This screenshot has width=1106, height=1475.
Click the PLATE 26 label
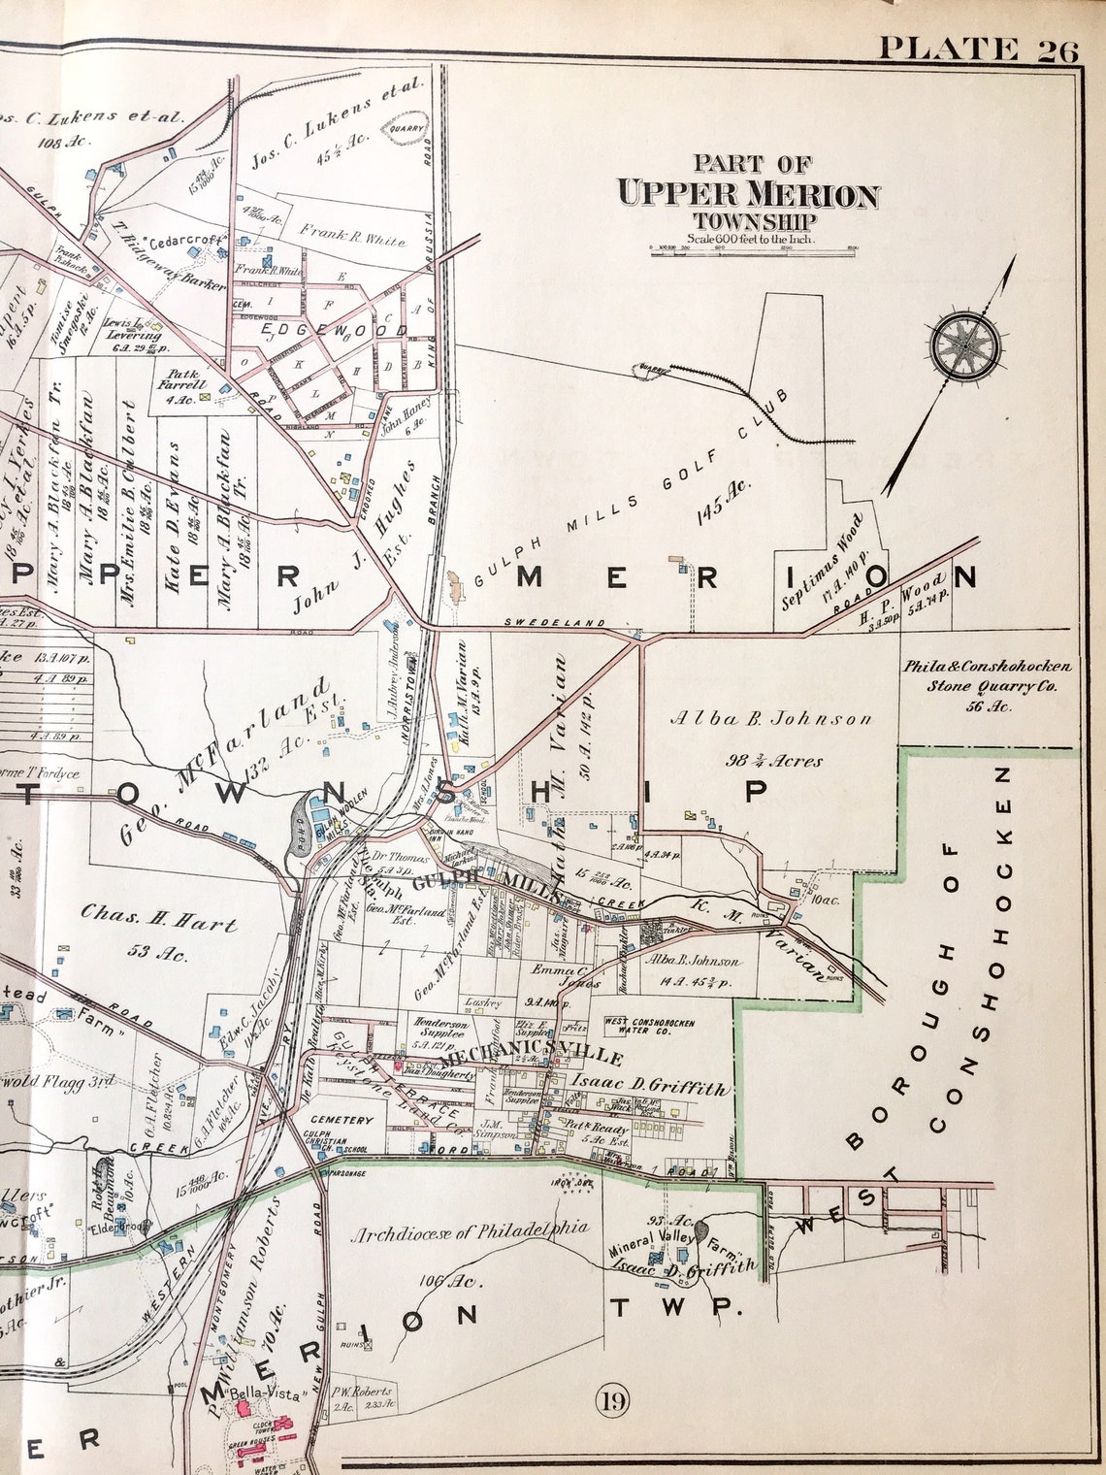(x=978, y=49)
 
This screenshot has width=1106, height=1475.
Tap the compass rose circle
(x=964, y=344)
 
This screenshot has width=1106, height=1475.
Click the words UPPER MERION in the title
(x=748, y=195)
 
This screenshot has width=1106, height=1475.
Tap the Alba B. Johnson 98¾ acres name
(x=770, y=719)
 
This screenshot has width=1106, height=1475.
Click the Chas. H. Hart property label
(x=157, y=916)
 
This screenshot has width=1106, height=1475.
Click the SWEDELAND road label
(x=554, y=623)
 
